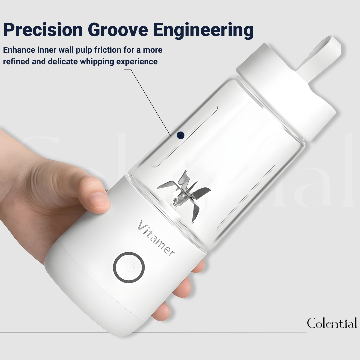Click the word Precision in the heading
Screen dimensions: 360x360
coord(43,30)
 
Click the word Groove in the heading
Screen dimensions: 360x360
coord(118,30)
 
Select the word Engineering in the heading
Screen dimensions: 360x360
coord(203,30)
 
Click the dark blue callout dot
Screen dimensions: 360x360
coord(181,135)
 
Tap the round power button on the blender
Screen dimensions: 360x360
coord(129,267)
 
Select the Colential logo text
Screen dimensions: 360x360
coord(332,323)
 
